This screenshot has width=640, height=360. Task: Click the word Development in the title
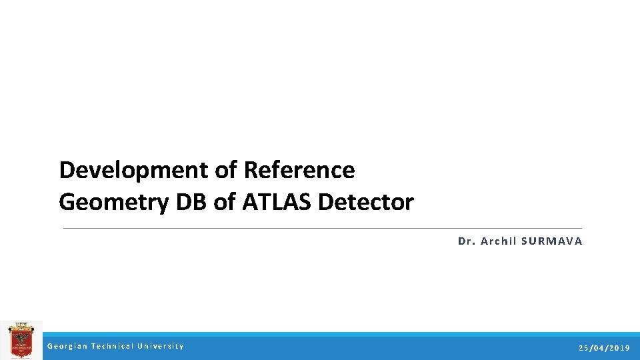pyautogui.click(x=133, y=171)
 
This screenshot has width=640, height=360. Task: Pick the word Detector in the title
pyautogui.click(x=366, y=201)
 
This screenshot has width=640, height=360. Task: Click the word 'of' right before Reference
pyautogui.click(x=226, y=171)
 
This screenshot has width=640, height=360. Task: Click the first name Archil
pyautogui.click(x=499, y=241)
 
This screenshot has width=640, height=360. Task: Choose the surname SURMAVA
pyautogui.click(x=552, y=241)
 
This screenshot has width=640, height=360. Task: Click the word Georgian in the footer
pyautogui.click(x=67, y=346)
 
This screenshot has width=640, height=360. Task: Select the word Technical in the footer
pyautogui.click(x=112, y=346)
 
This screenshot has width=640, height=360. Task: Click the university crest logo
pyautogui.click(x=21, y=340)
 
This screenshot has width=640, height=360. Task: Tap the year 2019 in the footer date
pyautogui.click(x=619, y=348)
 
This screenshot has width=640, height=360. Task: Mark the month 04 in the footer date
pyautogui.click(x=599, y=348)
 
